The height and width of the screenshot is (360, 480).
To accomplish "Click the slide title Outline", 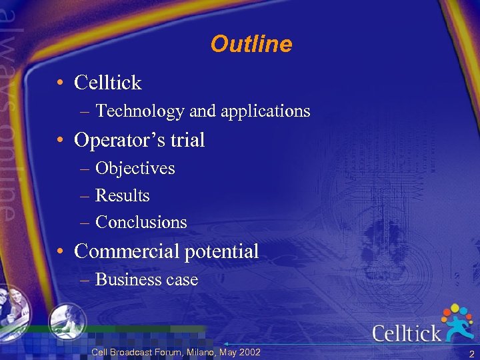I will (x=251, y=45).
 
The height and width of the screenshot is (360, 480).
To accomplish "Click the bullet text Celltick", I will (x=108, y=83).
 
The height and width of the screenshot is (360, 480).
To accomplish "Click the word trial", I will (x=186, y=140).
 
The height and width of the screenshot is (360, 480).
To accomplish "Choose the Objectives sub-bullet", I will (x=135, y=169).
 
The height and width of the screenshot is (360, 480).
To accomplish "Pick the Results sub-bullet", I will (x=123, y=195).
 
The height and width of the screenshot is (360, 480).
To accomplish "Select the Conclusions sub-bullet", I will (x=141, y=222).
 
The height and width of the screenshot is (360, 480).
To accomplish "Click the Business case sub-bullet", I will (x=147, y=280).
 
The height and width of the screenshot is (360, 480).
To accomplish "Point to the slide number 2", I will (x=471, y=354).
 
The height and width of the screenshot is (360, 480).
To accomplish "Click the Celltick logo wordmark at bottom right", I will (x=406, y=333).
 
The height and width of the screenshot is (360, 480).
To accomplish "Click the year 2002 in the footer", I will (x=249, y=352).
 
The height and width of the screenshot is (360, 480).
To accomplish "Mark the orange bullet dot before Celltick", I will (x=60, y=83).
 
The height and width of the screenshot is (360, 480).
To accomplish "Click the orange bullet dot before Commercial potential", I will (x=60, y=252).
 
